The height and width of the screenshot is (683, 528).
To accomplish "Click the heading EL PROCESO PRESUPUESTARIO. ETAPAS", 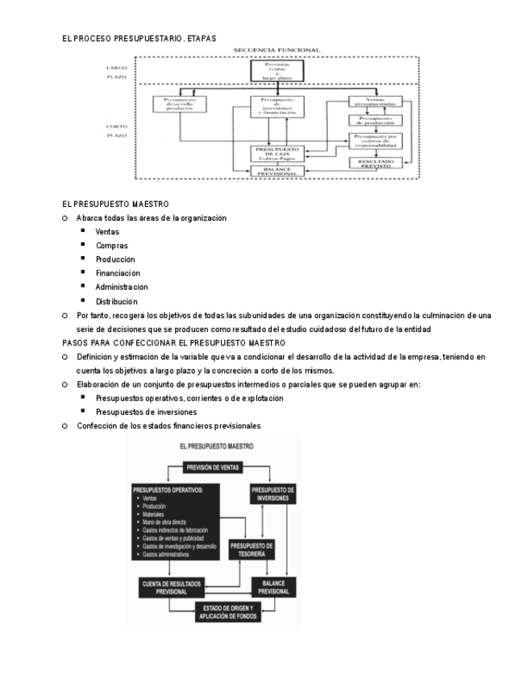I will click(x=139, y=38).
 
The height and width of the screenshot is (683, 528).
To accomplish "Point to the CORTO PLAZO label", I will click(x=117, y=131).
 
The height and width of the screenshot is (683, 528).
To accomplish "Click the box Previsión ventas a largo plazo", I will click(x=276, y=70).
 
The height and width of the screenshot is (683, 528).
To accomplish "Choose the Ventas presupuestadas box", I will click(x=373, y=103).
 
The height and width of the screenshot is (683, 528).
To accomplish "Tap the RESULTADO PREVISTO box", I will click(x=373, y=162).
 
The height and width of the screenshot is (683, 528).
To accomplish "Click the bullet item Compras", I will click(x=111, y=246).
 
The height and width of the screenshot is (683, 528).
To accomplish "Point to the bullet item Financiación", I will click(x=117, y=273).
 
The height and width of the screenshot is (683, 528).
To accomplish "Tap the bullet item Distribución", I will click(x=116, y=301).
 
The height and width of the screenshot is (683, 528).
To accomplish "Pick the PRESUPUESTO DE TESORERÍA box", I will click(x=252, y=549).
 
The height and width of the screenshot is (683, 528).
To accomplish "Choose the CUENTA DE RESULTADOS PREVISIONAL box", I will click(x=172, y=586).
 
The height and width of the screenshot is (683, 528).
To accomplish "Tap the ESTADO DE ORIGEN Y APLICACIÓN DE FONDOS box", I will click(x=227, y=611).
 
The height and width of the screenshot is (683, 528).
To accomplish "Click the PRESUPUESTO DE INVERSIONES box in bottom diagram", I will click(x=274, y=494).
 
